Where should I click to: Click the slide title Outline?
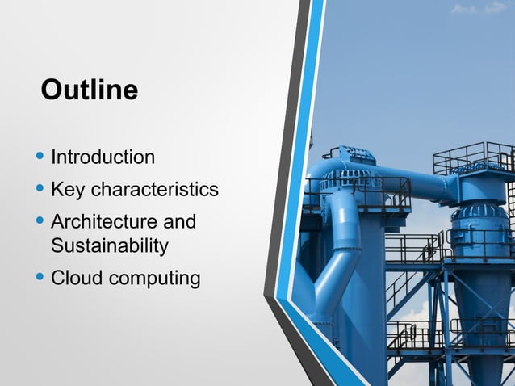90,90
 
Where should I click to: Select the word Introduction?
103,157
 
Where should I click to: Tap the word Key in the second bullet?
68,190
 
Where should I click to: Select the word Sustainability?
109,245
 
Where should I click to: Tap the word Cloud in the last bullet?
77,279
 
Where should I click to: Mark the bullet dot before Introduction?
41,156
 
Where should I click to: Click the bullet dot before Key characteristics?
41,189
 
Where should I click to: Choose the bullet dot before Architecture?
41,220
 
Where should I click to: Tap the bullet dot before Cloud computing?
41,278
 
